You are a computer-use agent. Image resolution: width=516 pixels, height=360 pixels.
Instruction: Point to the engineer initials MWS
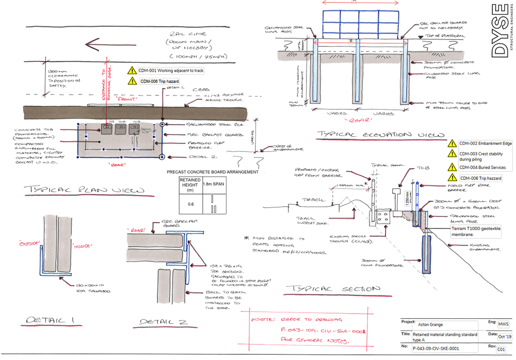pos(501,325)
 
